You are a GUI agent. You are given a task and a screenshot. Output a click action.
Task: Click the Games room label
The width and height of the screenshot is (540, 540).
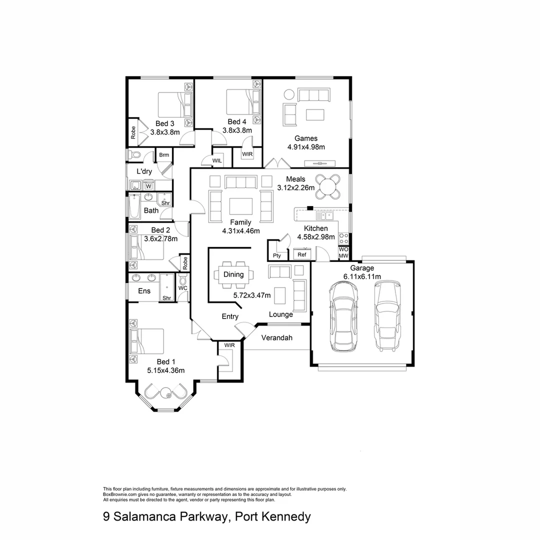tap(305, 138)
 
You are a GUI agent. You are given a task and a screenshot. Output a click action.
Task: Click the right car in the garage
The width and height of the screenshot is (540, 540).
tap(387, 315)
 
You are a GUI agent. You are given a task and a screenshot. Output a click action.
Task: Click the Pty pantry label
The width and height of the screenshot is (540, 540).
tap(276, 256)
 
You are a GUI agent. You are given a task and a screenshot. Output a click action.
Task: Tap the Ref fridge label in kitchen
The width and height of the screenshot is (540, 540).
tap(301, 254)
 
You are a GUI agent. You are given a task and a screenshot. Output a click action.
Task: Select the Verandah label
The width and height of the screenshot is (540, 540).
tap(276, 338)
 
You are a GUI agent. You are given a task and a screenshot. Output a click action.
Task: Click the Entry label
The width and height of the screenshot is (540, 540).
tap(230, 316)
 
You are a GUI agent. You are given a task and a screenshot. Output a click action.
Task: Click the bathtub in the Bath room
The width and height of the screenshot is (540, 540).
tap(133, 207)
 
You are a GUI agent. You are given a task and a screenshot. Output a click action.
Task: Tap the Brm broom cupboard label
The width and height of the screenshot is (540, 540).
tap(163, 155)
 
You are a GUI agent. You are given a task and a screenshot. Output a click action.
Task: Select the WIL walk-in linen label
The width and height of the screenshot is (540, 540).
tap(217, 160)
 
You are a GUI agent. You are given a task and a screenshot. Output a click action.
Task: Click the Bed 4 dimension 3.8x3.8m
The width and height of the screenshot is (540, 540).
tap(236, 130)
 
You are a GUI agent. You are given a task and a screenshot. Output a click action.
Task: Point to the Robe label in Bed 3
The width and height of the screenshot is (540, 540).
tap(133, 132)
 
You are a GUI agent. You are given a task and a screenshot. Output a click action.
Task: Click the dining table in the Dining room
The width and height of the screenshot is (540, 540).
tap(233, 274)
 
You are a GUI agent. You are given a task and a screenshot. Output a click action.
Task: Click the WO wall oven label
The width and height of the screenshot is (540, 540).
tap(343, 249)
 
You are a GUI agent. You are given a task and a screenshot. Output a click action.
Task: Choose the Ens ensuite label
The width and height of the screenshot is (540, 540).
tap(144, 291)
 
